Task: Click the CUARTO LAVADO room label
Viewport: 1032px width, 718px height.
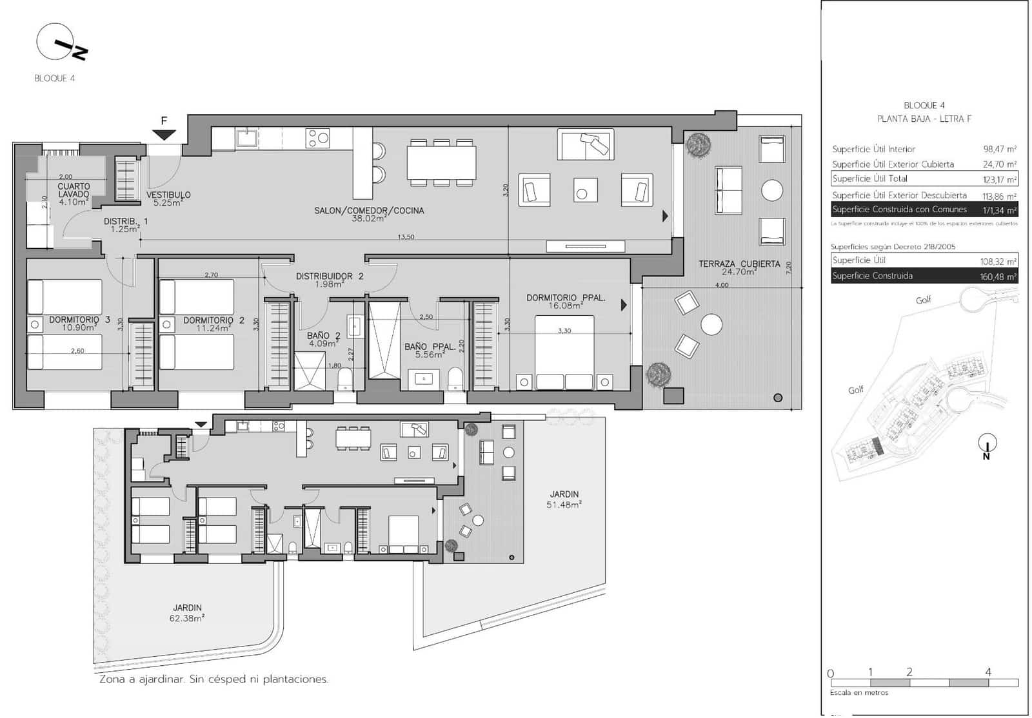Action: coord(74,190)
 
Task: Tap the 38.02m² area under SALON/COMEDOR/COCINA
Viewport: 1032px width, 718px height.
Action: coord(369,219)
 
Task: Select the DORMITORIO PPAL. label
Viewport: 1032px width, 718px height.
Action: coord(566,298)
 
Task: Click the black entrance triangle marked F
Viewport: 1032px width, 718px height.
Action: coord(164,134)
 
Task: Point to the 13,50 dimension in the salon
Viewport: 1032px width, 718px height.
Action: coord(406,237)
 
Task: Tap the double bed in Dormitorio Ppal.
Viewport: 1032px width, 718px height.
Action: coord(564,351)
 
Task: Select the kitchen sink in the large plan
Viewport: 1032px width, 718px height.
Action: coord(246,138)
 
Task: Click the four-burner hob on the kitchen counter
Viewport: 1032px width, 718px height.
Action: coord(318,138)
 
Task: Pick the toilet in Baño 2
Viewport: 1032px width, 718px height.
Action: coord(345,379)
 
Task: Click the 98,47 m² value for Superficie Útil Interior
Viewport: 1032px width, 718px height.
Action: coord(999,149)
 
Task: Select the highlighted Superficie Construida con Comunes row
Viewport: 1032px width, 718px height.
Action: coord(924,209)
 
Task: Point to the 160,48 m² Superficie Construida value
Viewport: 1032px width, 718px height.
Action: coord(998,277)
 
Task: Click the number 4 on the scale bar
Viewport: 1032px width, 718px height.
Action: coord(988,672)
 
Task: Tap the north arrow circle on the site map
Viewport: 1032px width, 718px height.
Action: coord(987,443)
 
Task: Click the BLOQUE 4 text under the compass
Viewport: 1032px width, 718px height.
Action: coord(55,78)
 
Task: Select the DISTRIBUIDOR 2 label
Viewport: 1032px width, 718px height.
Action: coord(330,277)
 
